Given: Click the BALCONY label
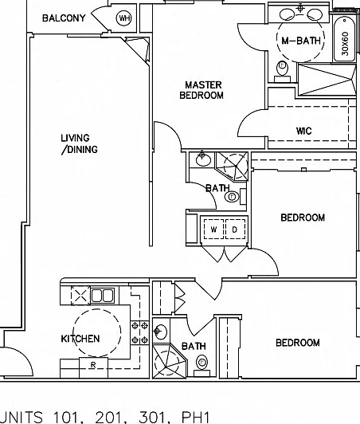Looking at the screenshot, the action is tap(64, 18).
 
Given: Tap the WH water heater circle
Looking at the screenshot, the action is tap(123, 18).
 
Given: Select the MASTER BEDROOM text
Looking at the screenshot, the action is tap(202, 90).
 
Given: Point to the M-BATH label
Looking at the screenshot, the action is tap(301, 41).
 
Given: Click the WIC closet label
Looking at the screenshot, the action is tap(303, 132).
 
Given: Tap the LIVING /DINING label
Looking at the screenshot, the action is tap(79, 143).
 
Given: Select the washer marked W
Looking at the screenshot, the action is tap(213, 230).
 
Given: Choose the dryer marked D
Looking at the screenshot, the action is tap(235, 230).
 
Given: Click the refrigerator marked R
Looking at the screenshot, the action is tap(93, 367).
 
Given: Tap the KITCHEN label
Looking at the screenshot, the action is tap(80, 339).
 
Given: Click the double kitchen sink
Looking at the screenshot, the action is tap(102, 295).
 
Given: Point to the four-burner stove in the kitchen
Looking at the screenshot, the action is tap(139, 332).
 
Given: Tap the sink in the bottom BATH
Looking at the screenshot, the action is tap(160, 331).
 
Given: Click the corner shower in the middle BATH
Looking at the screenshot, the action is tap(233, 166).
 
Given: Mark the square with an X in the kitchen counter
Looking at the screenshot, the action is tap(80, 295).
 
